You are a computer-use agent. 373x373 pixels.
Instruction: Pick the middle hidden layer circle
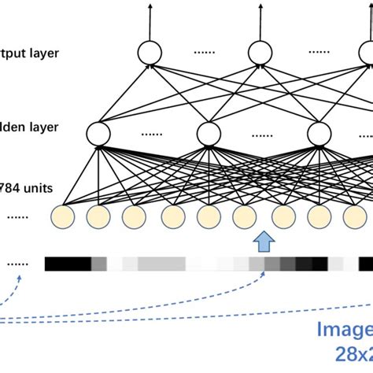[208, 134]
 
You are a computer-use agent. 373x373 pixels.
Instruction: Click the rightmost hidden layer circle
[320, 134]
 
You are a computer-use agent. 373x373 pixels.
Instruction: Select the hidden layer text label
[28, 126]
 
